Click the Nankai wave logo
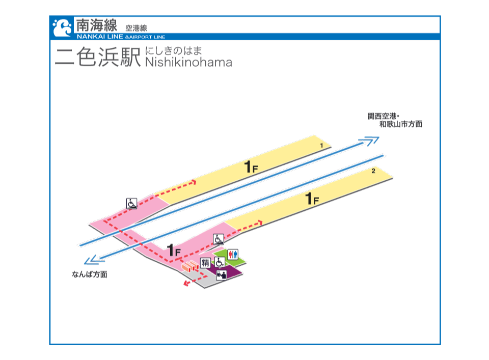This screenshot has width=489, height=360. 62,27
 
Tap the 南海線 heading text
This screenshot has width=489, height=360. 97,25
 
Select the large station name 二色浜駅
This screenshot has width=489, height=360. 98,57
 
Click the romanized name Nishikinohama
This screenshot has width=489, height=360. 188,62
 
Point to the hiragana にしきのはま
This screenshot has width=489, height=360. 173,51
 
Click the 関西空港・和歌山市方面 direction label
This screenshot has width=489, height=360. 395,120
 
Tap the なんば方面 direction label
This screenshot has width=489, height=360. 90,274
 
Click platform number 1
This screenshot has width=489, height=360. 321,145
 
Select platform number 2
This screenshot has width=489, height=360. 373,171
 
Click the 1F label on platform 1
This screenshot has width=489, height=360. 251,167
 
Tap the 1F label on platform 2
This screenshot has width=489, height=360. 312,199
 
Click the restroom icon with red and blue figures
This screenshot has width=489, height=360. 233,254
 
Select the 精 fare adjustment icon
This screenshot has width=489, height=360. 205,263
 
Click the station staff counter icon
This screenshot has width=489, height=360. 222,274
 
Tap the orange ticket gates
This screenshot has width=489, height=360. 190,266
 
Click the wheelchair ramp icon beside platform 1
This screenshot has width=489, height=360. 131,204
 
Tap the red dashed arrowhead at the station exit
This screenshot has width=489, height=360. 186,283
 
